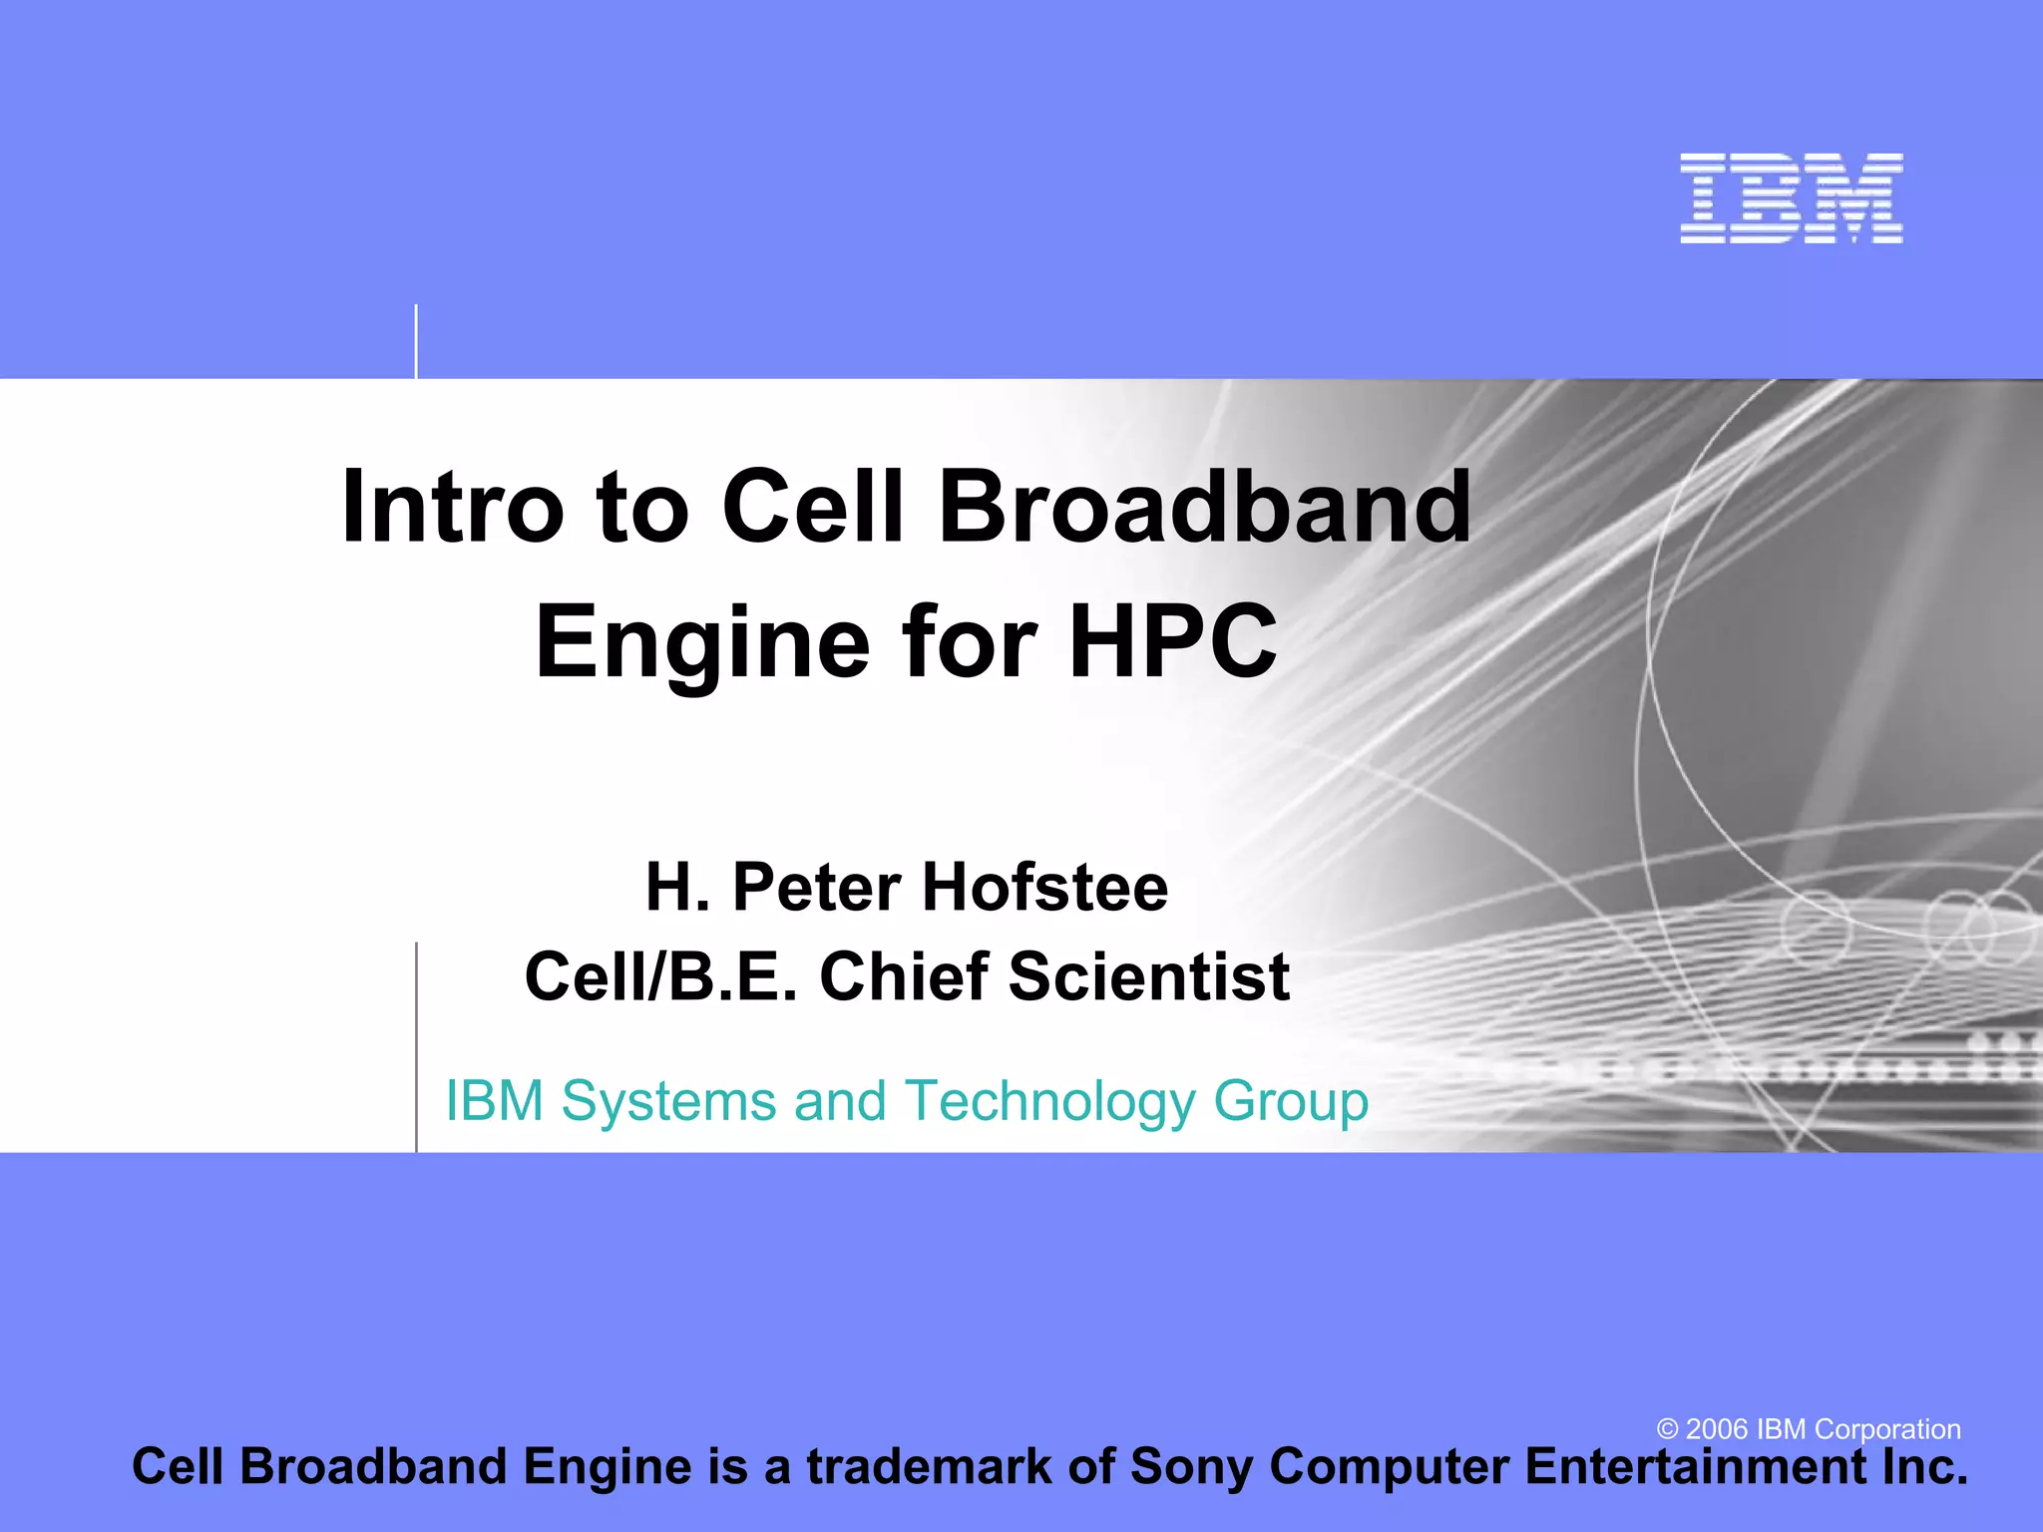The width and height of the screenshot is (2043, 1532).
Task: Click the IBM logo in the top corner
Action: pyautogui.click(x=1791, y=198)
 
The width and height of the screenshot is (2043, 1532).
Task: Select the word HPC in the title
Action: pyautogui.click(x=1172, y=641)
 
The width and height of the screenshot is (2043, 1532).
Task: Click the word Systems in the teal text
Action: pyautogui.click(x=668, y=1102)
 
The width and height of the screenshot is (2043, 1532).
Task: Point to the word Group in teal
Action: pyautogui.click(x=1291, y=1102)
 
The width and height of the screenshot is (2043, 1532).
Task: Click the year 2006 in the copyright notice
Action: pyautogui.click(x=1716, y=1429)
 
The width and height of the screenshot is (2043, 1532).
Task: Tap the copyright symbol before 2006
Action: pyautogui.click(x=1667, y=1429)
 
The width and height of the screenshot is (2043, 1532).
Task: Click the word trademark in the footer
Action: pyautogui.click(x=929, y=1467)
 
